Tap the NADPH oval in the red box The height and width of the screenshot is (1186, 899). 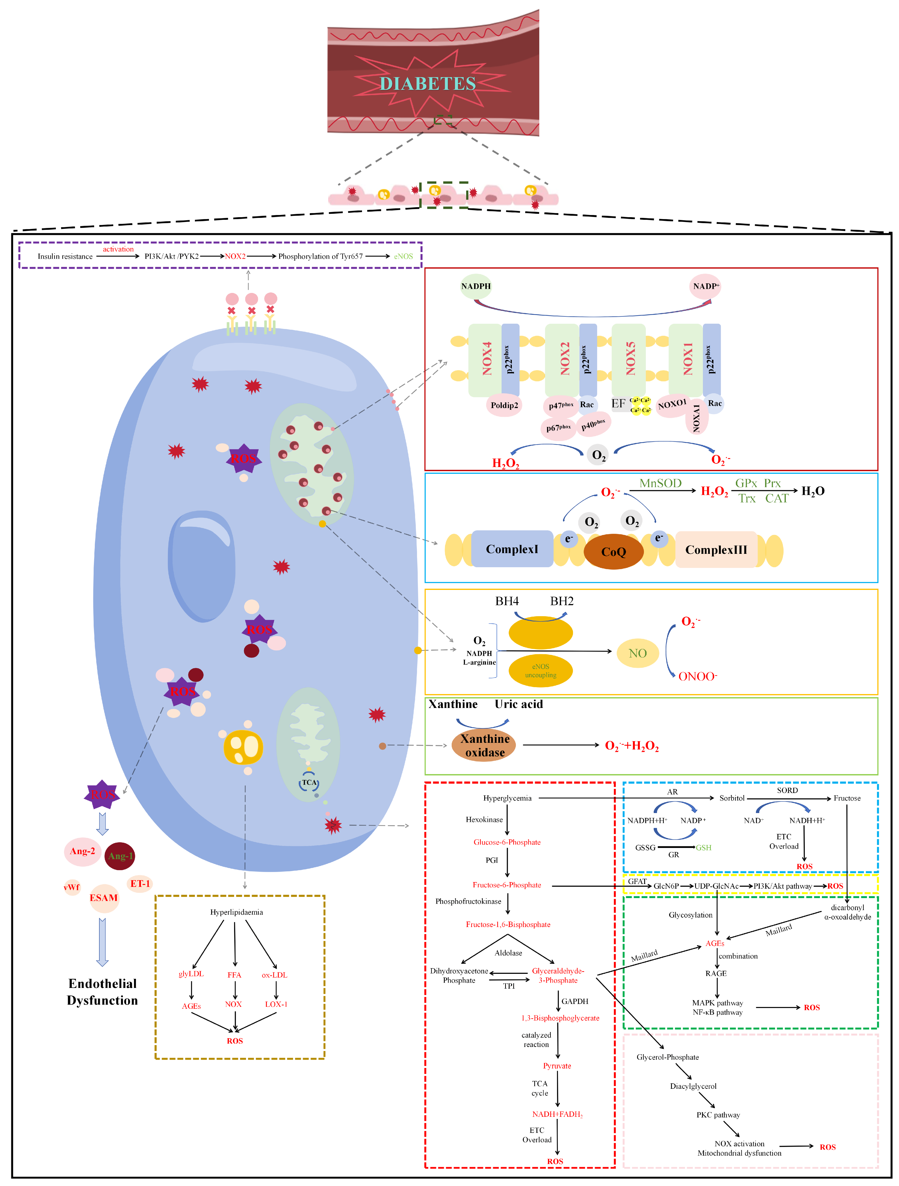[476, 286]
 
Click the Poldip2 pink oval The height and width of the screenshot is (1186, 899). [504, 405]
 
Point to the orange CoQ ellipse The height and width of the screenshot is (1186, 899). [613, 552]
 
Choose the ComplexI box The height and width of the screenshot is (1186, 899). [512, 549]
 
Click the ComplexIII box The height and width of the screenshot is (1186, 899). [716, 550]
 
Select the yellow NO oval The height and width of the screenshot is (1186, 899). [637, 653]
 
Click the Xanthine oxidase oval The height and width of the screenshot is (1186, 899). [484, 745]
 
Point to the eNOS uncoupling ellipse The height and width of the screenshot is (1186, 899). [540, 671]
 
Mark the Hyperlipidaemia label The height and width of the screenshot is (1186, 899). [236, 912]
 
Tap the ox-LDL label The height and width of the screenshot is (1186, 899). [274, 975]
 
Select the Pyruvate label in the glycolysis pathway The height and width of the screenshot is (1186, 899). [557, 1066]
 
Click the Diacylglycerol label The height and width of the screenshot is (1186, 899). [693, 1086]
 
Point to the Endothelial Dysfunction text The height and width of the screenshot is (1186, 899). [102, 992]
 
